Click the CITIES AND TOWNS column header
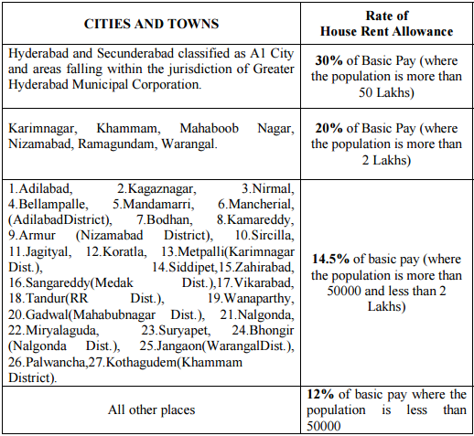pyautogui.click(x=151, y=22)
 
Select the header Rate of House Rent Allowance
pyautogui.click(x=385, y=23)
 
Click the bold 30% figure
pyautogui.click(x=328, y=59)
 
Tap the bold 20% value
pyautogui.click(x=328, y=129)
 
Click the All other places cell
pyautogui.click(x=151, y=409)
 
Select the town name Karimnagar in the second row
pyautogui.click(x=39, y=129)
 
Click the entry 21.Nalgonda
pyautogui.click(x=256, y=314)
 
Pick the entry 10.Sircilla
pyautogui.click(x=264, y=235)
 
